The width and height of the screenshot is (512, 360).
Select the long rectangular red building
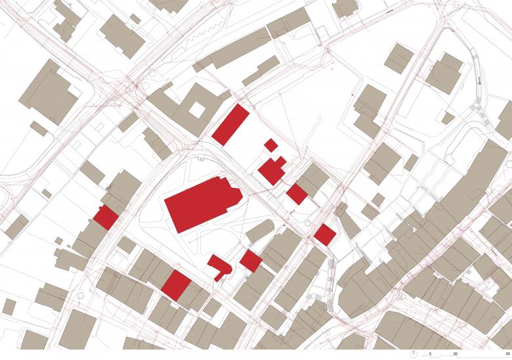tap(230, 123)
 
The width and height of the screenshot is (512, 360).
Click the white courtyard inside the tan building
tap(196, 110)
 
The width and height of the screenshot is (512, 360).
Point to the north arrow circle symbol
tap(413, 353)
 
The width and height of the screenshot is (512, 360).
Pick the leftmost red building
tap(105, 217)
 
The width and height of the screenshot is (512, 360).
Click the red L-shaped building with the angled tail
tap(219, 266)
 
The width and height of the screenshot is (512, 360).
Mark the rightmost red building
tap(324, 235)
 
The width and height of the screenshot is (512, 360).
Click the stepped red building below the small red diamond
tap(272, 169)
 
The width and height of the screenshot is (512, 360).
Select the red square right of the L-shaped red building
tap(250, 259)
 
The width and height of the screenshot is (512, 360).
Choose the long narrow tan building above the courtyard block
tap(233, 51)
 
